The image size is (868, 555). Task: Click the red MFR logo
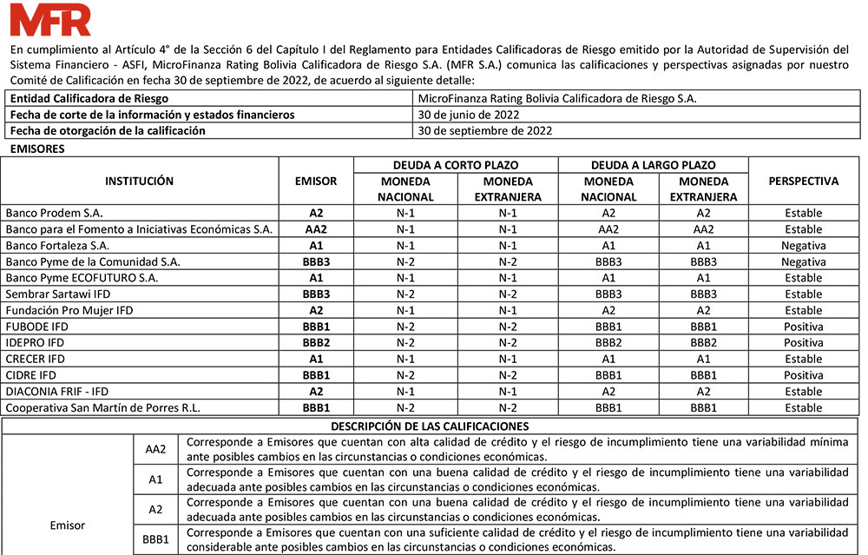(x=50, y=19)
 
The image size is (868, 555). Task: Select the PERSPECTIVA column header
(x=803, y=182)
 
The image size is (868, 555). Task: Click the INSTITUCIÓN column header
(x=139, y=182)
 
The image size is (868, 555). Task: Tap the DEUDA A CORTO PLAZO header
(x=456, y=165)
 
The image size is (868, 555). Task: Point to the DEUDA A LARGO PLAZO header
(x=653, y=165)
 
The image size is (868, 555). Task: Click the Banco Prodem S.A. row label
(x=54, y=213)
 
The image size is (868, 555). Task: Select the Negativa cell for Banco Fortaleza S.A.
(x=803, y=246)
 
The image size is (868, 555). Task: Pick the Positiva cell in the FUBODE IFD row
(x=803, y=327)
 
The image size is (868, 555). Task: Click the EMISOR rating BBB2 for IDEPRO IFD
(x=316, y=343)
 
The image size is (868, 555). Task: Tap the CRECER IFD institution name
(x=36, y=359)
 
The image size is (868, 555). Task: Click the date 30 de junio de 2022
(x=470, y=115)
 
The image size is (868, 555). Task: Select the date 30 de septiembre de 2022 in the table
(x=484, y=131)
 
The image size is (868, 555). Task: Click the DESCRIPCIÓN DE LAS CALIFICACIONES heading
(x=430, y=426)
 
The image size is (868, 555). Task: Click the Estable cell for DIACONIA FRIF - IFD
(x=803, y=392)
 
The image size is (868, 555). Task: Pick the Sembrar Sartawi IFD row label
(x=58, y=294)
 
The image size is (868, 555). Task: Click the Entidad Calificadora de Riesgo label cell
(x=89, y=99)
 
